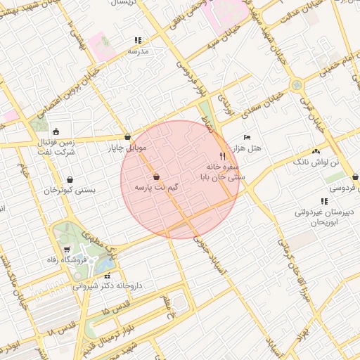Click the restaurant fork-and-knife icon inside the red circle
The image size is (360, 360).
click(x=223, y=156)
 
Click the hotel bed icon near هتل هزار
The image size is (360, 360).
click(x=246, y=136)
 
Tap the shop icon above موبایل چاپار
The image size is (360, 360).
click(x=127, y=136)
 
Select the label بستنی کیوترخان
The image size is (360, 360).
click(x=70, y=190)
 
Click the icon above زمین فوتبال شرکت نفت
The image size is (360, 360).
click(x=56, y=131)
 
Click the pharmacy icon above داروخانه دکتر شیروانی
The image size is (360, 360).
click(x=107, y=275)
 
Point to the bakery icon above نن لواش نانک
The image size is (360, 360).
click(x=316, y=151)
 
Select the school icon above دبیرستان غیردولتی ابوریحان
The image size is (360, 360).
click(x=323, y=202)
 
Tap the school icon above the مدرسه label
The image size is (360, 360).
click(x=138, y=41)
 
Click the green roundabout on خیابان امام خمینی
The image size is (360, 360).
click(x=297, y=85)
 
